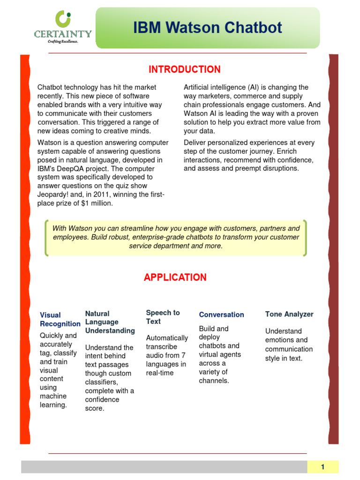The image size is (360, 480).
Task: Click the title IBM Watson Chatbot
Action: pos(208,28)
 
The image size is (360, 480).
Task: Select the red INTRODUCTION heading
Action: pos(184,70)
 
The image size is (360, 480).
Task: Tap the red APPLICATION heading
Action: pos(175,277)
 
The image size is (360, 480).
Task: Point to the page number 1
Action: pos(322,467)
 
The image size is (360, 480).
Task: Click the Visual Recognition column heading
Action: pos(60,319)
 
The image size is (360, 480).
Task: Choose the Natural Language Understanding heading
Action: pos(110,322)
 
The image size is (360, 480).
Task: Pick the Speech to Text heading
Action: pos(163,317)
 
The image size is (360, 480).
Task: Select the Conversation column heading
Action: pos(221,315)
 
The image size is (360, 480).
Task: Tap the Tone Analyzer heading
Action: pos(289,314)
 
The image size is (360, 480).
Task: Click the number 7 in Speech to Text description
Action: pos(183,355)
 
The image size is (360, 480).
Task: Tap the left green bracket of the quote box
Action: pos(47,238)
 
